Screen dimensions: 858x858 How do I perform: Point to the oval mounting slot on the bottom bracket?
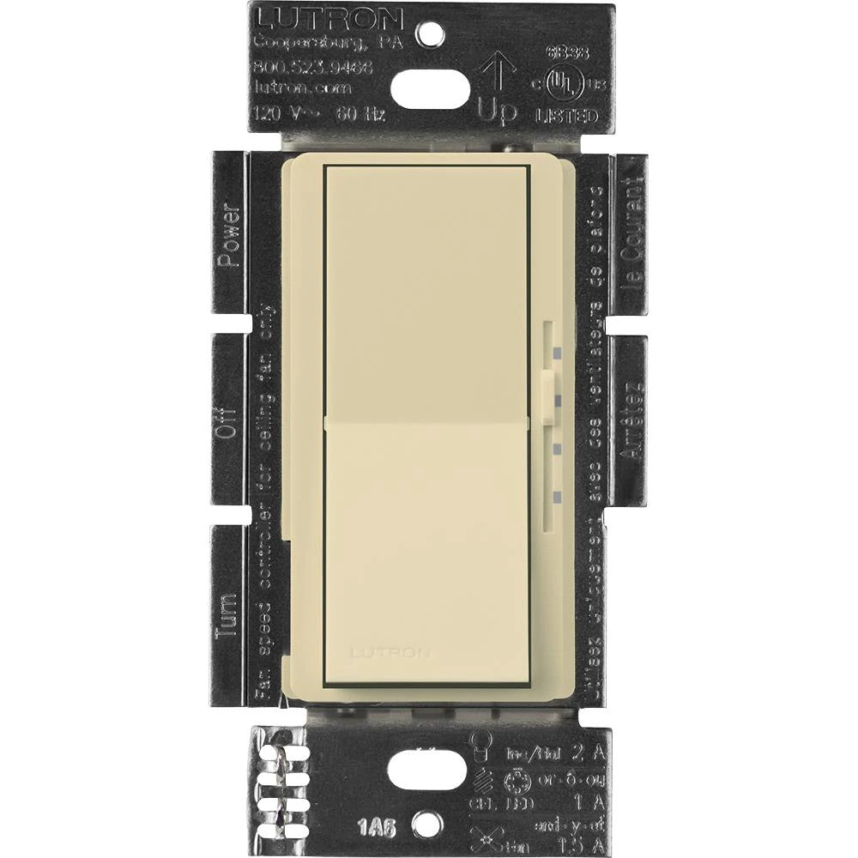tap(427, 770)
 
